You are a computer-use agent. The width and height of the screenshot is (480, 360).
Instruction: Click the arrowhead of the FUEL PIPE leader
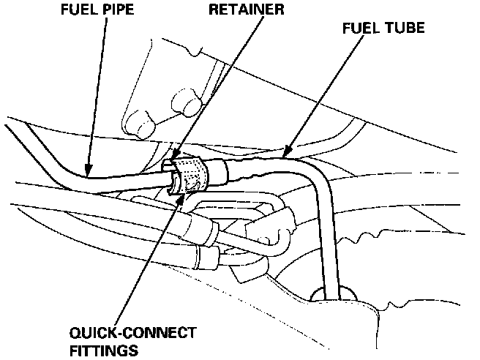[x=87, y=173]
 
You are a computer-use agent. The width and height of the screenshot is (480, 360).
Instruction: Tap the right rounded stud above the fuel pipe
[x=184, y=103]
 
